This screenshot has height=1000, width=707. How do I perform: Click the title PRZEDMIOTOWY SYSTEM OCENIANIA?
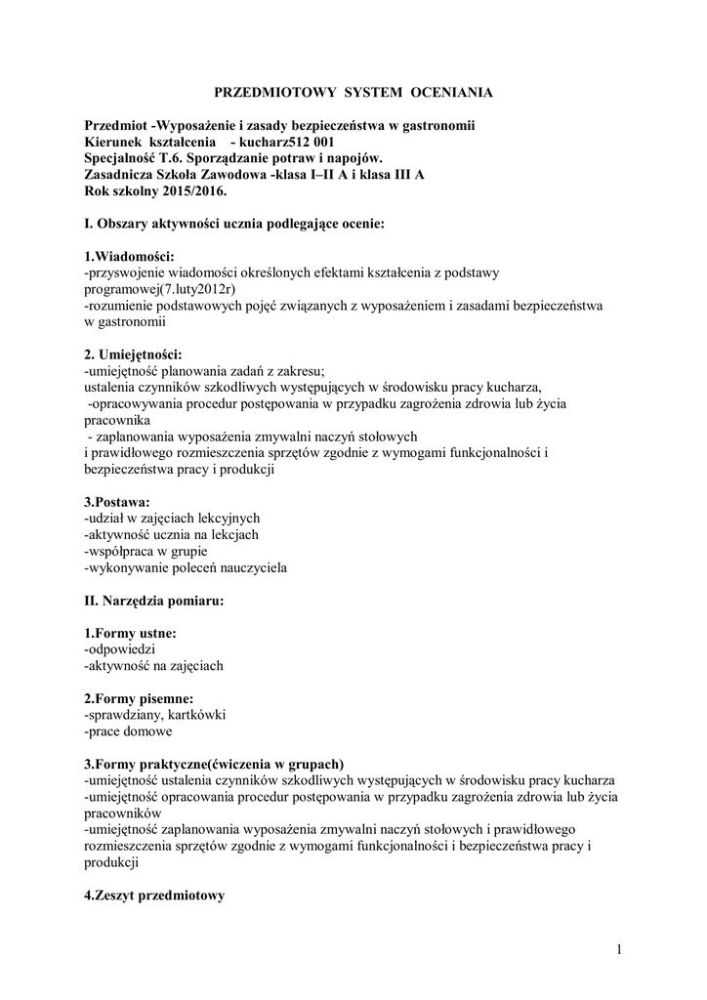click(353, 93)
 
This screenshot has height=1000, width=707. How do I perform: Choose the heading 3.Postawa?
click(123, 501)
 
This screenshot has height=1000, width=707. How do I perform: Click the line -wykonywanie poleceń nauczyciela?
click(186, 567)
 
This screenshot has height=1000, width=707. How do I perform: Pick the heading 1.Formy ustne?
click(131, 633)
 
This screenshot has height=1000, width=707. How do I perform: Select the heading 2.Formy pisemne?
click(139, 698)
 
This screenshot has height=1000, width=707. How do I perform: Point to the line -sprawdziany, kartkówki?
click(155, 715)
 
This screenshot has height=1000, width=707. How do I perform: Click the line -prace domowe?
click(128, 731)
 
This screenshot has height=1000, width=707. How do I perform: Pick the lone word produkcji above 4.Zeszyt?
click(112, 862)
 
